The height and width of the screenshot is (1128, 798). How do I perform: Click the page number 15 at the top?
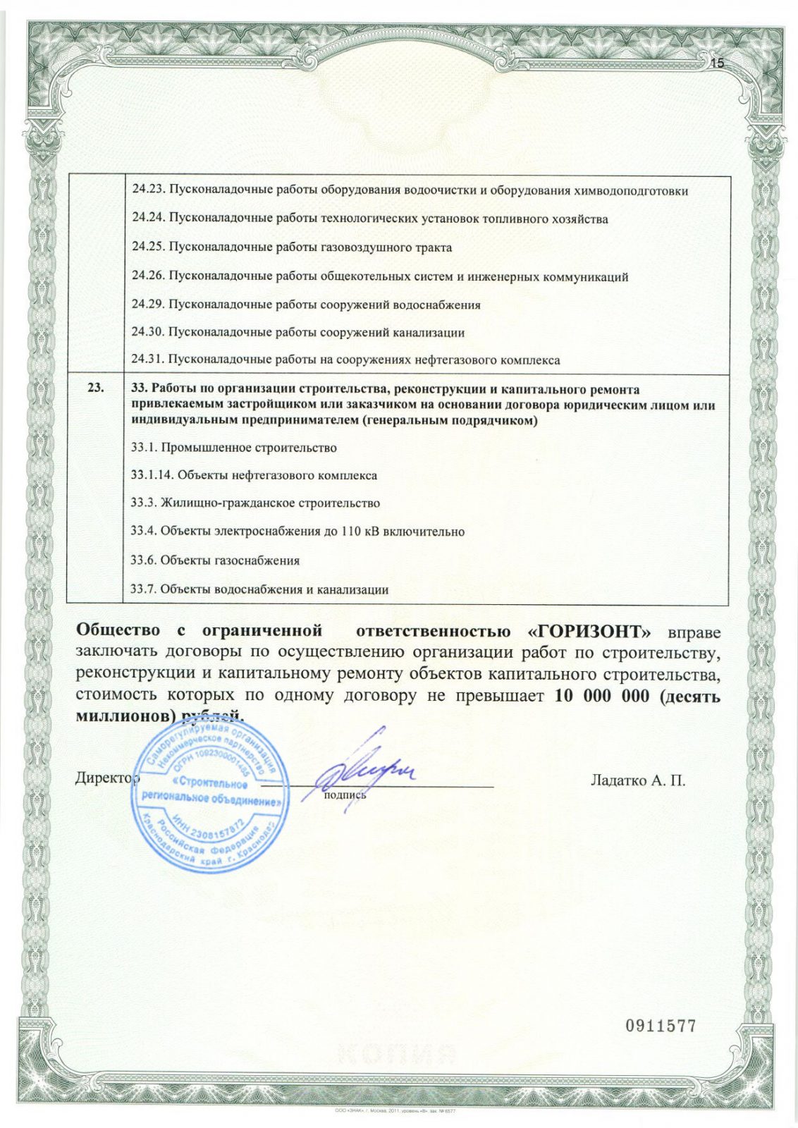point(718,63)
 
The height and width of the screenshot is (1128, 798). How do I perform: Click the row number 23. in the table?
point(95,388)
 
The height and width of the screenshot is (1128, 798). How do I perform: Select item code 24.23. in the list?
point(148,190)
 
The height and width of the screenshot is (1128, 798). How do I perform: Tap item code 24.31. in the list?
point(148,360)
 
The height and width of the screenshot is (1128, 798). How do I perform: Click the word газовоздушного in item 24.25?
point(364,247)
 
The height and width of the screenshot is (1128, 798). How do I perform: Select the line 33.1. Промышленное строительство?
point(234,448)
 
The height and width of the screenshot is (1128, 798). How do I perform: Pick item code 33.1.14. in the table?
point(152,475)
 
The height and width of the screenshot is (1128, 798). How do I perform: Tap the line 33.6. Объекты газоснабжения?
point(216,560)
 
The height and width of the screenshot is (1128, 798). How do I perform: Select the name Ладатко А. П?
point(637,780)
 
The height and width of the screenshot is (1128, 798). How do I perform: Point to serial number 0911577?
point(661,1026)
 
